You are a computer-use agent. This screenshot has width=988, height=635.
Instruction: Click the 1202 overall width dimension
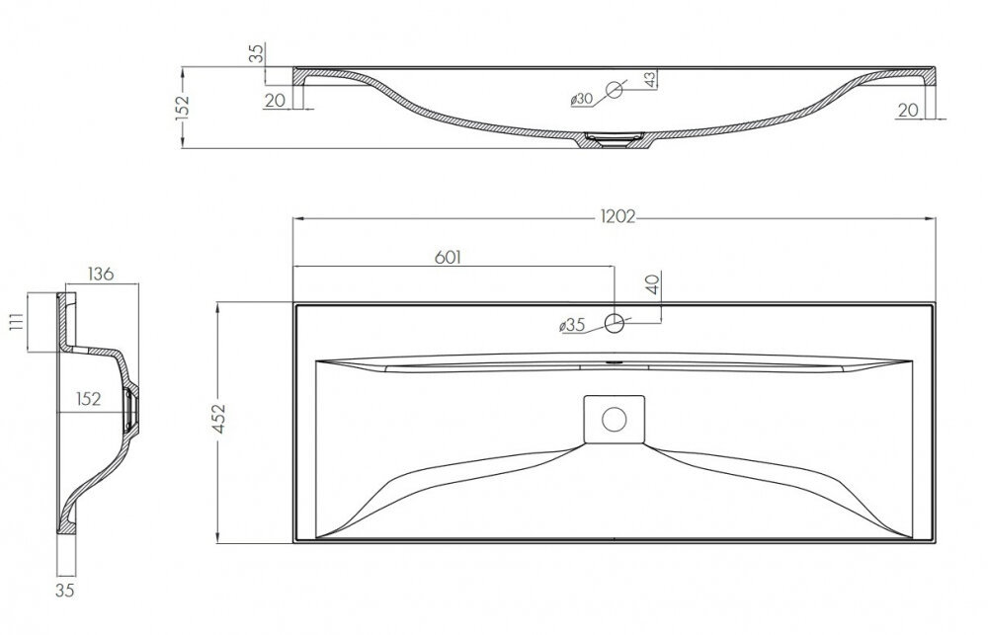tap(617, 216)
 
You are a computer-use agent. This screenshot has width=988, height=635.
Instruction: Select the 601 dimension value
tap(448, 257)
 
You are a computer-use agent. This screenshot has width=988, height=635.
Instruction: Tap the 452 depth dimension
tap(219, 419)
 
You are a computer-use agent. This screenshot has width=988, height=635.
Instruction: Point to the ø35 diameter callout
tap(572, 325)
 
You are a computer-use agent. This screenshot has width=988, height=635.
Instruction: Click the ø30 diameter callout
tap(581, 99)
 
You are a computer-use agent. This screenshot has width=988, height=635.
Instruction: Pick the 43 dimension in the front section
tap(650, 78)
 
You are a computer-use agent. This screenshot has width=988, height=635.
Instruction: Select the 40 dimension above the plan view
tap(653, 284)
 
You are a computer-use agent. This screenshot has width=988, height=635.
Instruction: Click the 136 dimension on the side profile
tap(100, 274)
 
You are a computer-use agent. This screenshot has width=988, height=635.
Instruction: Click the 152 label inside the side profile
tap(88, 399)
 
